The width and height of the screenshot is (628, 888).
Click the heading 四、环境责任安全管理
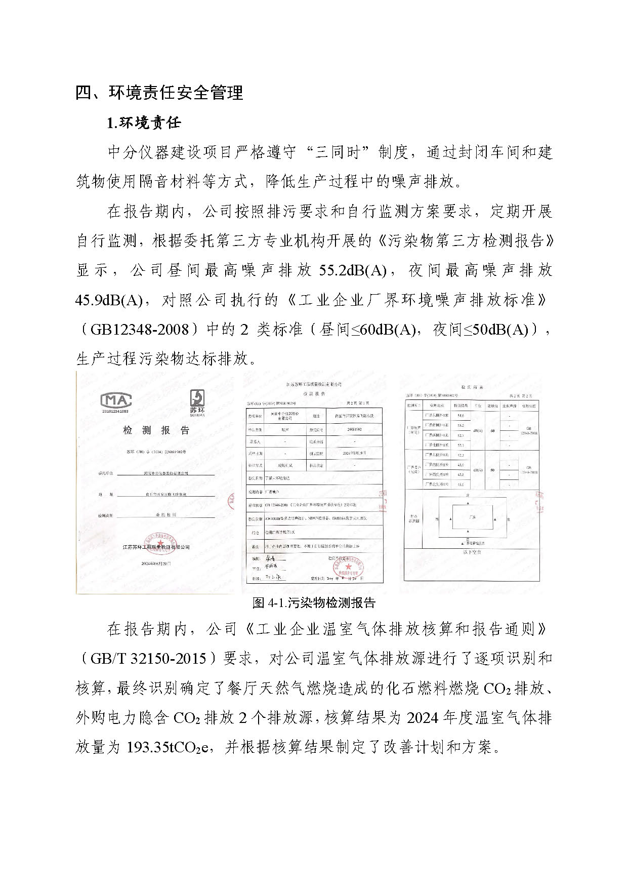(x=159, y=93)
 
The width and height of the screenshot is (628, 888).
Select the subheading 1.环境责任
(x=144, y=123)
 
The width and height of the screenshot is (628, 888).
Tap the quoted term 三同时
(x=339, y=152)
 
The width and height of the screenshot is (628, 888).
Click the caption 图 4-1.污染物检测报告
(x=314, y=603)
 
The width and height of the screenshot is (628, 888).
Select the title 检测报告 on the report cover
(x=156, y=430)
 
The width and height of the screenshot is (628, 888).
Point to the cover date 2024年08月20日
(x=156, y=563)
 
